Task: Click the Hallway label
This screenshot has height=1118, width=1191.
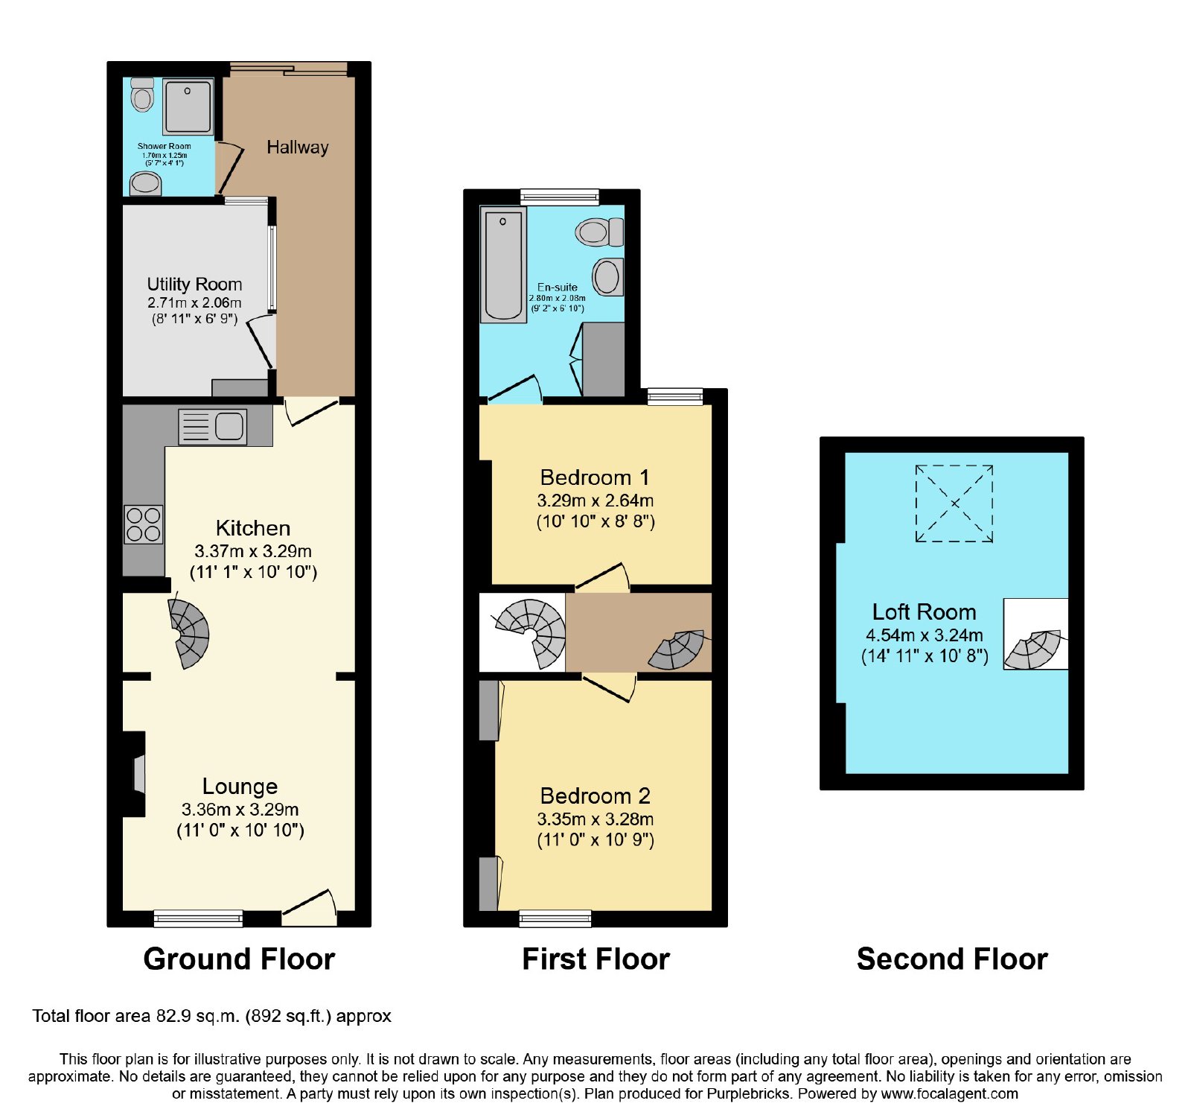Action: (x=297, y=147)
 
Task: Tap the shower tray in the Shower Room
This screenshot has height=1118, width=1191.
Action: (x=188, y=107)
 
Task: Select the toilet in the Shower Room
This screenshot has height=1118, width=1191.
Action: (x=141, y=95)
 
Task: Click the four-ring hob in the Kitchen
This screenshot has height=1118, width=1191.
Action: (x=144, y=524)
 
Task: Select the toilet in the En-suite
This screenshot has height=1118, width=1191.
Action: (x=599, y=232)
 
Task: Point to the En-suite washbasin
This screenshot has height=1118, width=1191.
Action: (x=607, y=277)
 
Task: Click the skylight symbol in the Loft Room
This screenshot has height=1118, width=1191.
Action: (x=954, y=504)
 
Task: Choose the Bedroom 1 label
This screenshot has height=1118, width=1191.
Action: (x=595, y=477)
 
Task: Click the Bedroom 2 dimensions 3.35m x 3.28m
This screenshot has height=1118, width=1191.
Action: (x=595, y=819)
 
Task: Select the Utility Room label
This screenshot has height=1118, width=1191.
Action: (x=194, y=284)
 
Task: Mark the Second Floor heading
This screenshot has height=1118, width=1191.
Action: (x=952, y=959)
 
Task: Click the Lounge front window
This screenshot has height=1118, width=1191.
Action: (x=198, y=918)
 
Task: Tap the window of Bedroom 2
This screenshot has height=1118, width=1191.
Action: (x=555, y=918)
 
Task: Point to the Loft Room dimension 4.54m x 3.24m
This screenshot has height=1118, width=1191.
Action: (x=924, y=635)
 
